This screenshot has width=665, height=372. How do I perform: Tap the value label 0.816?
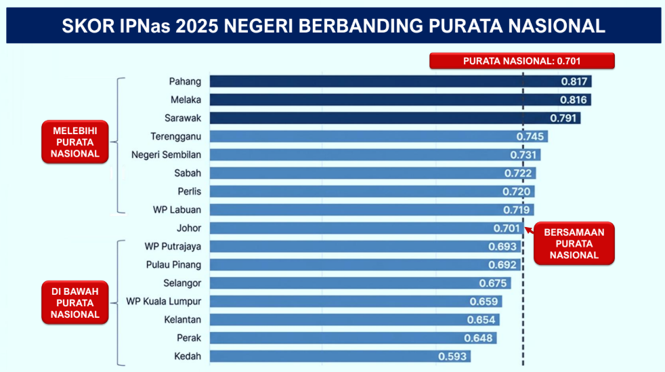pyautogui.click(x=575, y=100)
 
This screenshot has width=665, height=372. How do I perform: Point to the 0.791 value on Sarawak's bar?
pyautogui.click(x=564, y=118)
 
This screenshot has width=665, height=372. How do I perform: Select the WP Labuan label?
pyautogui.click(x=177, y=209)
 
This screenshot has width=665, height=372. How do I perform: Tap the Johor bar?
pyautogui.click(x=352, y=228)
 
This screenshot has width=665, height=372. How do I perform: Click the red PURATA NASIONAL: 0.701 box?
pyautogui.click(x=521, y=60)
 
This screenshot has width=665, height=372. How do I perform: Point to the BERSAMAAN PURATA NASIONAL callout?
pyautogui.click(x=574, y=243)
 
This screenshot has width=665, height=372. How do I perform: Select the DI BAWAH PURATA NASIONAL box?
pyautogui.click(x=75, y=303)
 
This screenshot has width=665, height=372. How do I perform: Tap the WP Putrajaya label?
pyautogui.click(x=173, y=246)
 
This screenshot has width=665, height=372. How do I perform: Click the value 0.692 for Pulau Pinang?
pyautogui.click(x=502, y=264)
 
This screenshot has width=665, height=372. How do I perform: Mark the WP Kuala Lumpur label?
pyautogui.click(x=163, y=301)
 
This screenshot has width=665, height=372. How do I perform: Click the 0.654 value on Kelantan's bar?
pyautogui.click(x=481, y=319)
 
